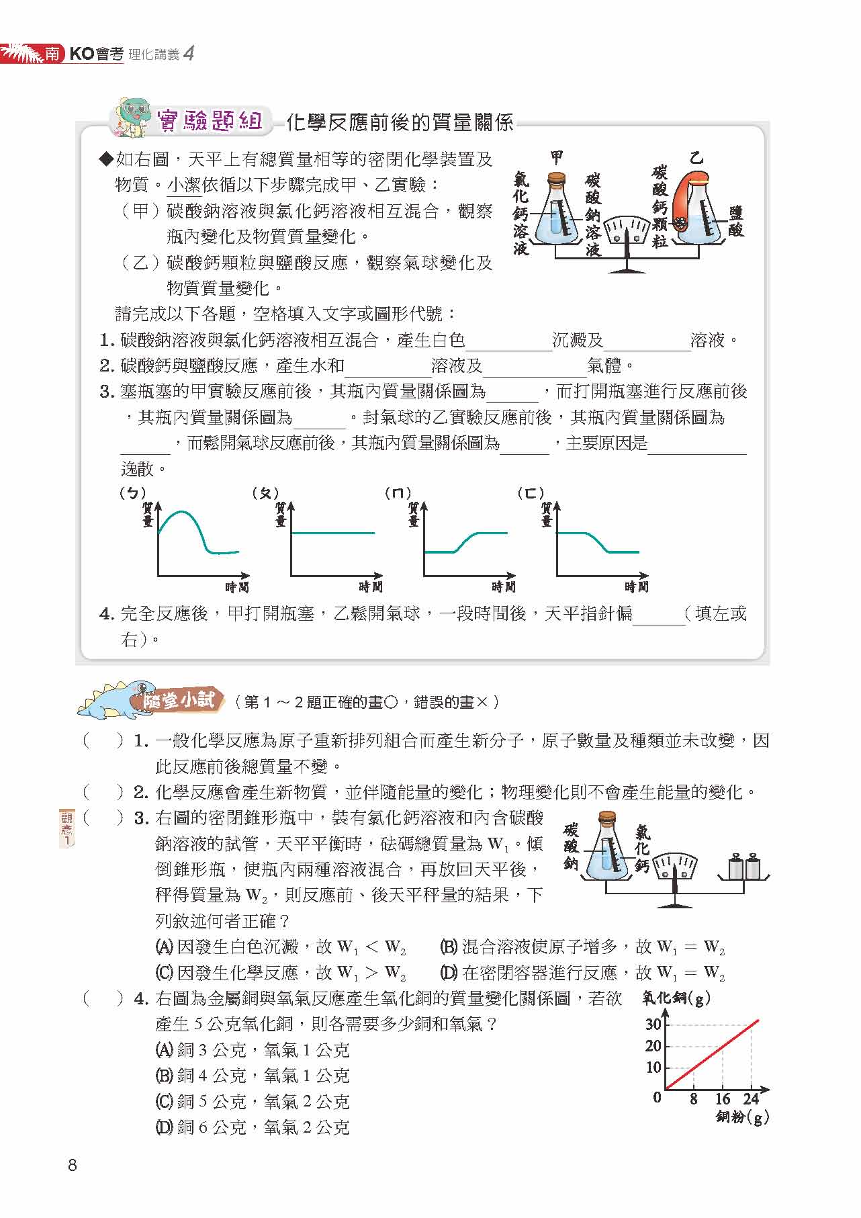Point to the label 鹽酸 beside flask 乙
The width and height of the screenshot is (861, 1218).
(x=736, y=221)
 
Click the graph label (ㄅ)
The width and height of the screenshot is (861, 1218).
(x=132, y=493)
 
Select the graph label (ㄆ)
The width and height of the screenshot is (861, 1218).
(x=265, y=493)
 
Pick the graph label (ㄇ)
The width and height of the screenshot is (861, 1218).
(x=398, y=493)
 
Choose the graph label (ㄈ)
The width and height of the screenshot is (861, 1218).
(x=531, y=493)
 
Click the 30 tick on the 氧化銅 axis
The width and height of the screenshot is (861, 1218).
(x=653, y=1025)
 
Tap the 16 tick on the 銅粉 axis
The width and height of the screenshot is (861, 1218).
(x=722, y=1099)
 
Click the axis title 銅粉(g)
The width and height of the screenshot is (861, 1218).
(x=742, y=1117)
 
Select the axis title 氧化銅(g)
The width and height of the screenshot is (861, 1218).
(x=676, y=998)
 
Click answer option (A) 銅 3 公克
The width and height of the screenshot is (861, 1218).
(x=252, y=1050)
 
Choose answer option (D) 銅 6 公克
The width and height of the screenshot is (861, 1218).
(x=252, y=1127)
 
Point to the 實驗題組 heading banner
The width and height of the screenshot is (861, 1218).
(x=208, y=121)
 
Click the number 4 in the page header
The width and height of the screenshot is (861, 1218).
(x=189, y=54)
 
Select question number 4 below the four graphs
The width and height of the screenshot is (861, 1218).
(x=107, y=613)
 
